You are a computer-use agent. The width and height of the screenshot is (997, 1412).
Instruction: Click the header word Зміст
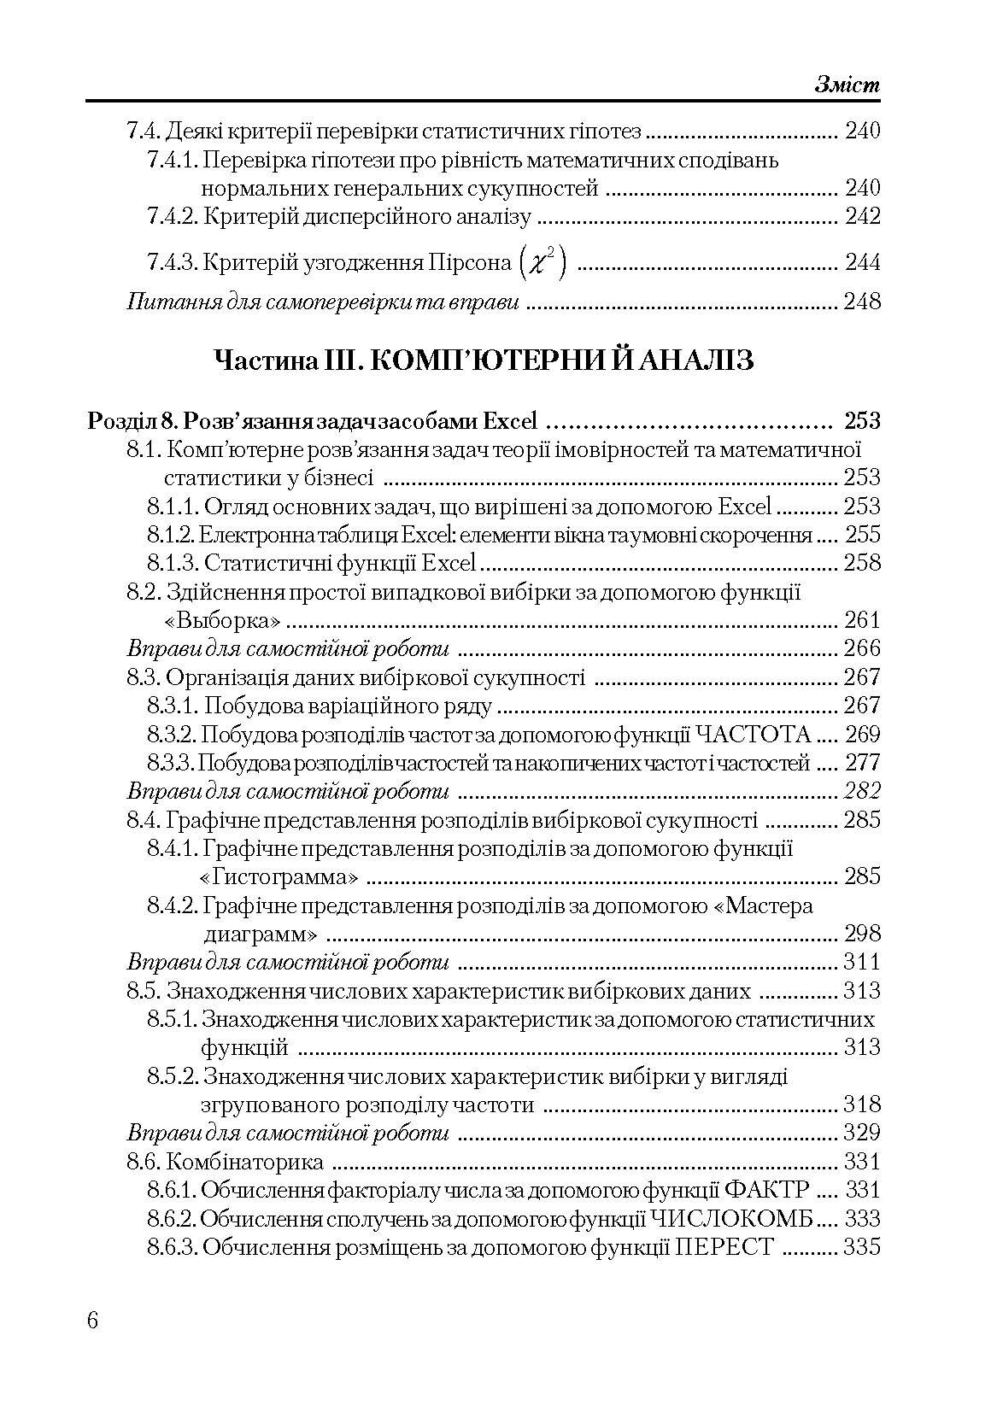tap(847, 85)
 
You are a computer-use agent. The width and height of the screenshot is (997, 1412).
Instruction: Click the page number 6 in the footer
tap(93, 1320)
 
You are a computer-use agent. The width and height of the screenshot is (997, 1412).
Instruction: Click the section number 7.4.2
tap(173, 217)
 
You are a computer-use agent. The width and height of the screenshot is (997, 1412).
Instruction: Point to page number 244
tap(862, 262)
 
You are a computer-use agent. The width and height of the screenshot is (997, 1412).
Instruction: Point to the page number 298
tap(861, 934)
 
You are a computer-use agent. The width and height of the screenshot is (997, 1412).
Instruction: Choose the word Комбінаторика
tap(245, 1162)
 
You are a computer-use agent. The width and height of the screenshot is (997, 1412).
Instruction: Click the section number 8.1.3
tap(173, 563)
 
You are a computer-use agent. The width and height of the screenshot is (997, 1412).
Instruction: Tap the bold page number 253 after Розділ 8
tap(861, 421)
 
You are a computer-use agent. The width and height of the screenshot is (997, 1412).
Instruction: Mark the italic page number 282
tap(861, 791)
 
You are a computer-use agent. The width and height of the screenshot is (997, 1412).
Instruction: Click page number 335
tap(861, 1247)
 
